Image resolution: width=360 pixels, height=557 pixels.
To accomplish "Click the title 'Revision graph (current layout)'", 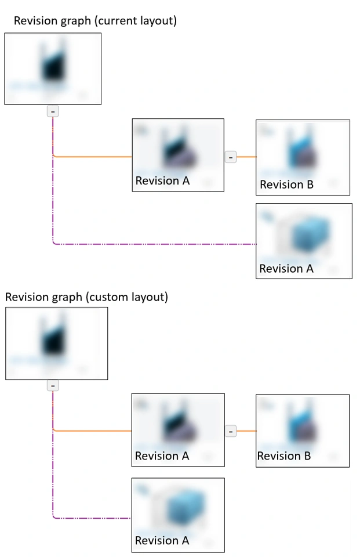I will click(x=95, y=21).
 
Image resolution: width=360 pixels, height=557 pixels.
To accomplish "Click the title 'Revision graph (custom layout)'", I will click(x=86, y=297).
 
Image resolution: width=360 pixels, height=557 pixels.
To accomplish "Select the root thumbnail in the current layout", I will click(x=53, y=68).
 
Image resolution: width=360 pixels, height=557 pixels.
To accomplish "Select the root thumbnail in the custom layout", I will click(x=56, y=343).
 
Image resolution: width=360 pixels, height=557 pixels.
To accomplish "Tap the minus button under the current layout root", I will click(x=53, y=111).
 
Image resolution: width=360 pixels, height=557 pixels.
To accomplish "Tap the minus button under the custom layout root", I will click(x=53, y=385).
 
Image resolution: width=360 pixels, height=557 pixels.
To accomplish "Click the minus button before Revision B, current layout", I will click(x=231, y=157).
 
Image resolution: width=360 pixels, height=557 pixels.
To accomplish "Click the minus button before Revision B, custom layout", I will click(x=231, y=431).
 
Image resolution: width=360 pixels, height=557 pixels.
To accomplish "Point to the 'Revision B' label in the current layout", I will click(x=286, y=185).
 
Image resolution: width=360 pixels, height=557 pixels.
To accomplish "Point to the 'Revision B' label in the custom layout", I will click(x=284, y=456).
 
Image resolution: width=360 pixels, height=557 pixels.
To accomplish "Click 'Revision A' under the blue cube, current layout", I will click(x=286, y=269).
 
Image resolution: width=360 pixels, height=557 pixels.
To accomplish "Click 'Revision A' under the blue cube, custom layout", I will click(x=162, y=540).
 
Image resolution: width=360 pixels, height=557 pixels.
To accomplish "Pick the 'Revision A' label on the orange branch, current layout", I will click(x=162, y=180).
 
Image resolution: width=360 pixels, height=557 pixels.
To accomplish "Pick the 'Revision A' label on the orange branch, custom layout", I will click(x=162, y=456).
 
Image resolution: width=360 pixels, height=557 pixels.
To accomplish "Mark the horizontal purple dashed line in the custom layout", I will click(x=93, y=518).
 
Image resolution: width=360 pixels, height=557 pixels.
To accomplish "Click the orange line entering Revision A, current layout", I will click(x=93, y=157).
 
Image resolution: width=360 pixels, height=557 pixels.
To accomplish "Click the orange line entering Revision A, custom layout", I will click(x=93, y=431).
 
